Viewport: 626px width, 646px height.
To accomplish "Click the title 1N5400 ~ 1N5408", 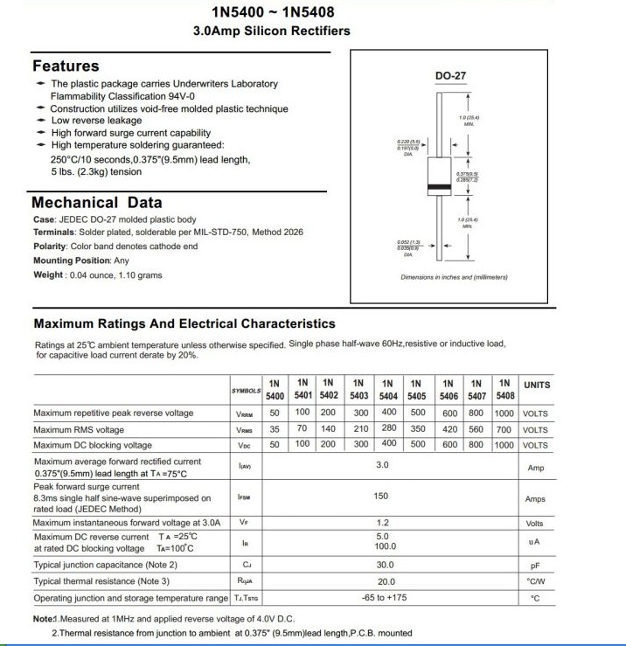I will click(271, 12).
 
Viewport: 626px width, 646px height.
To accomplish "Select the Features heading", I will click(66, 66).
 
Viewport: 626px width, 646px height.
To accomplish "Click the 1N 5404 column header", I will click(386, 390).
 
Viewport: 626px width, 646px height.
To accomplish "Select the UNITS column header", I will click(537, 385).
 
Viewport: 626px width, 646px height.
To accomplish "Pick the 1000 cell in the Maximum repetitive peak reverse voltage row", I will click(504, 413).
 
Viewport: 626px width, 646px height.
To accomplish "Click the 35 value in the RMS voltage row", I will click(275, 429).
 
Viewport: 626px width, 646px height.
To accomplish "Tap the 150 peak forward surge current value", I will click(381, 496).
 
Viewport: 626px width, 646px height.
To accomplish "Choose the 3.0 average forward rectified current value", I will click(382, 464).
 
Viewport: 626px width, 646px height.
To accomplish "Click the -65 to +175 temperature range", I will click(384, 597).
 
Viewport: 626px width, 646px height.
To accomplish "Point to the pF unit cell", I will click(535, 566).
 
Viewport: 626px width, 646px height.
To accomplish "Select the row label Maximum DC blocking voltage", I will click(93, 445).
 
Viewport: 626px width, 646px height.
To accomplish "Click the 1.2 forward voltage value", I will click(382, 523).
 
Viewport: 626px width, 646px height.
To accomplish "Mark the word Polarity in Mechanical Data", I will click(50, 247).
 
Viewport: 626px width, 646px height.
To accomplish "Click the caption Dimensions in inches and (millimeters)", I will click(453, 277).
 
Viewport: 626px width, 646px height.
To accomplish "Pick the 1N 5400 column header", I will click(275, 390).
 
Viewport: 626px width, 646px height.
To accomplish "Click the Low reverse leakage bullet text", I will click(96, 121).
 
